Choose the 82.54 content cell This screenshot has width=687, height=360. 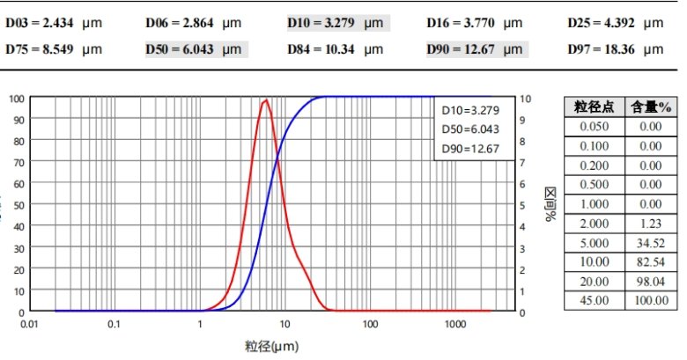tap(651, 261)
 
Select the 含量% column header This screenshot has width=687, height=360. tap(651, 107)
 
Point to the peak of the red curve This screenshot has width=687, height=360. tap(264, 100)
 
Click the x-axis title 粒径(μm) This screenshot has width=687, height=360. tap(272, 346)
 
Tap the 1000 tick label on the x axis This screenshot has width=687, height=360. tap(454, 325)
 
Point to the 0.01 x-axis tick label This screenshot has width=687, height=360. tap(30, 325)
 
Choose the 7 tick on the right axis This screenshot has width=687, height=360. tap(526, 162)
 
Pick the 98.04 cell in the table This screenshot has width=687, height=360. tap(651, 281)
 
